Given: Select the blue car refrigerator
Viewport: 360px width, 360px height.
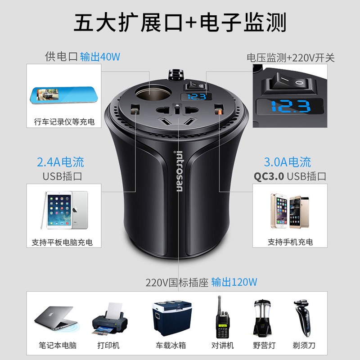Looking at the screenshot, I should [167, 317].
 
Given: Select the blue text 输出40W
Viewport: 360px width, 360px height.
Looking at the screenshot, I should [100, 57].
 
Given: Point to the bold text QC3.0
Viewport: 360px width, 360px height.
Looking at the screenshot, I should [269, 176].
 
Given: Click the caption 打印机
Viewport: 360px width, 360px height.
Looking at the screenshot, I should [108, 346].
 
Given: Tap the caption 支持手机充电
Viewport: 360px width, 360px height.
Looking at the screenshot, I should [290, 242].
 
